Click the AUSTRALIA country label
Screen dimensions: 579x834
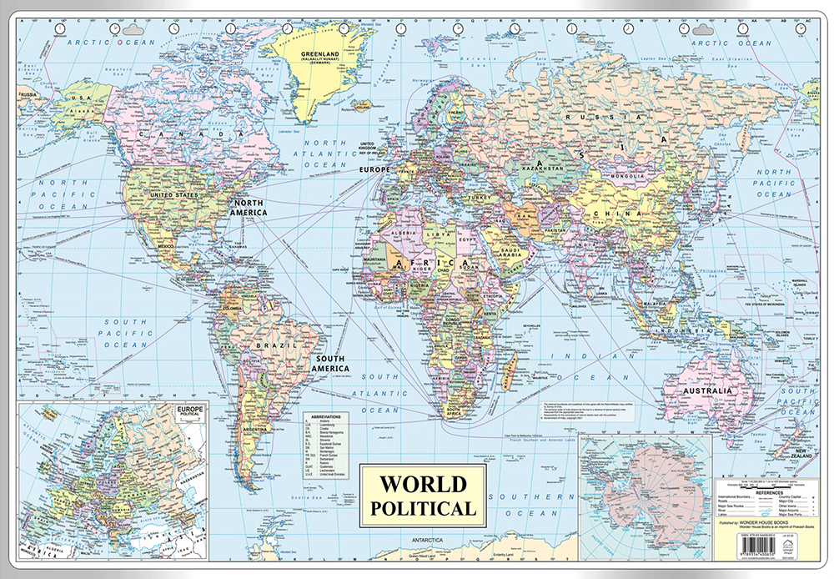point(707,390)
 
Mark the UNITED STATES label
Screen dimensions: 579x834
point(173,195)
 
